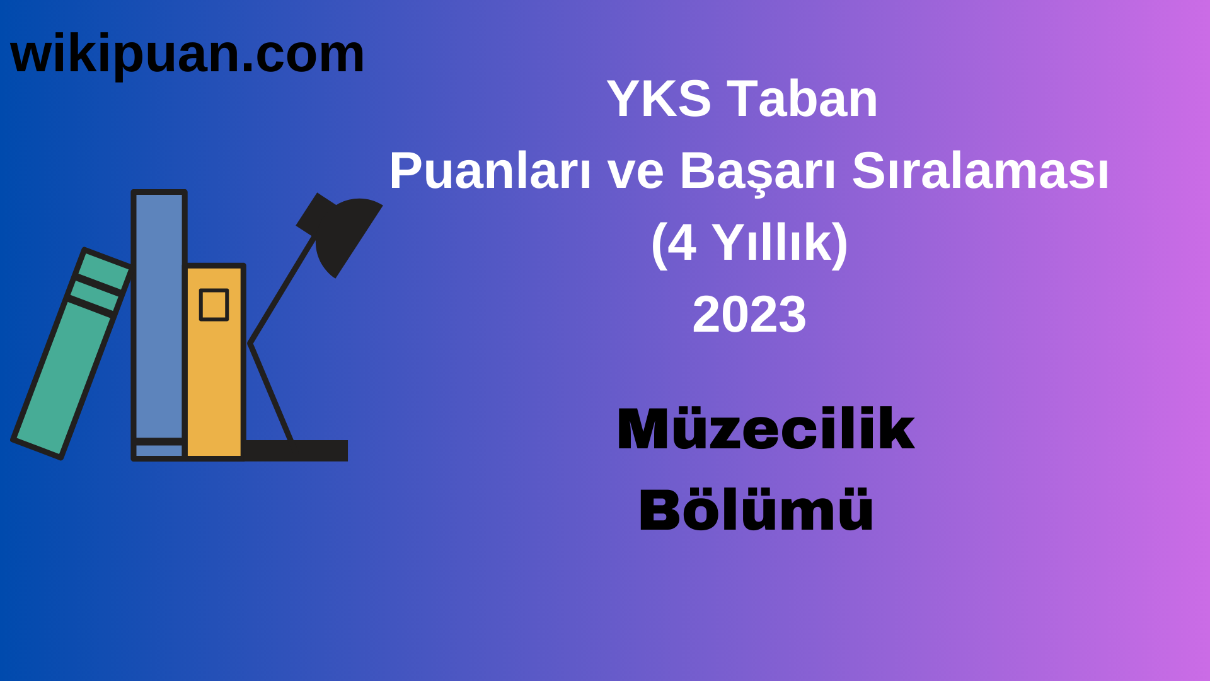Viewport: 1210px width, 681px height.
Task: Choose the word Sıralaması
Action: (x=980, y=171)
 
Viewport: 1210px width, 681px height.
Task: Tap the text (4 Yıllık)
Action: (x=749, y=243)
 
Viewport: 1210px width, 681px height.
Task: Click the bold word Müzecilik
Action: (x=765, y=429)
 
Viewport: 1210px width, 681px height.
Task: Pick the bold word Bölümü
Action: (x=756, y=510)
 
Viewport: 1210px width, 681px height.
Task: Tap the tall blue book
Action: (x=159, y=315)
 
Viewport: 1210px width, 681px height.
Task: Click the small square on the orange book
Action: (x=214, y=305)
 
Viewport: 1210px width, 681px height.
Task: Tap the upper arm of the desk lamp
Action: (x=282, y=290)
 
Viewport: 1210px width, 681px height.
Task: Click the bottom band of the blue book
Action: (x=159, y=450)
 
